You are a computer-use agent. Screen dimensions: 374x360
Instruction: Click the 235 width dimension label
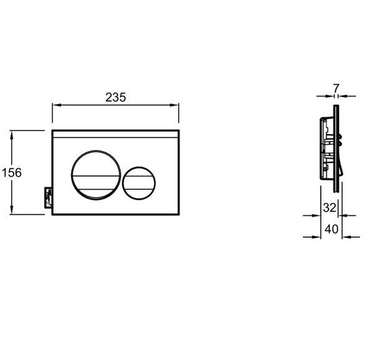click(x=116, y=97)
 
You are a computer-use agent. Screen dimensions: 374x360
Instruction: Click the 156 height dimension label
click(x=12, y=173)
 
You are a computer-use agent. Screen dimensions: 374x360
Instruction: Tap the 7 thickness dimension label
click(x=336, y=89)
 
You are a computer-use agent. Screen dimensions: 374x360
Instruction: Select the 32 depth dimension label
click(x=329, y=208)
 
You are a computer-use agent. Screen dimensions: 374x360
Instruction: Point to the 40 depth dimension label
click(x=332, y=229)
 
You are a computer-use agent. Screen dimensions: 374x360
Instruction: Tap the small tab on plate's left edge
click(x=49, y=198)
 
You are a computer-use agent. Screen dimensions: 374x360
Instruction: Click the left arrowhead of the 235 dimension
click(x=57, y=105)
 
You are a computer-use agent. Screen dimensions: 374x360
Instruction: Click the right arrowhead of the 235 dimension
click(x=174, y=105)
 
